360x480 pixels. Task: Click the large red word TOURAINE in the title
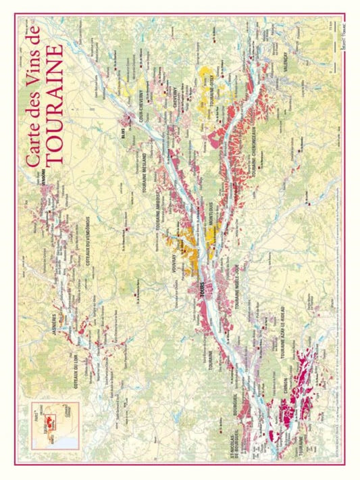click(x=55, y=105)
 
